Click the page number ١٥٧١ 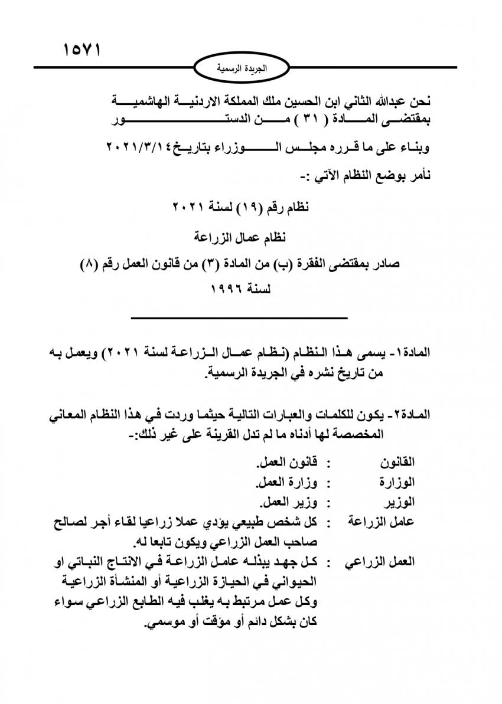pyautogui.click(x=82, y=49)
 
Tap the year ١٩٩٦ pyautogui.click(x=228, y=290)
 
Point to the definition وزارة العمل pyautogui.click(x=286, y=483)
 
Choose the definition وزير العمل pyautogui.click(x=288, y=503)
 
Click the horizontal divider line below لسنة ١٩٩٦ pyautogui.click(x=239, y=318)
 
